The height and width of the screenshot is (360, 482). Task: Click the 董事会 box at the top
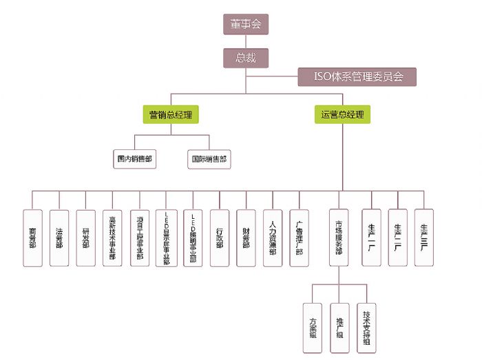245,24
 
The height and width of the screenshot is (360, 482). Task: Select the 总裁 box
245,58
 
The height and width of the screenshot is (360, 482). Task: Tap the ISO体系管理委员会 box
357,76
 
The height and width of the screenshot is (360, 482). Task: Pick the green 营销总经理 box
171,114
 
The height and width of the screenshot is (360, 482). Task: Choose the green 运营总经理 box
342,114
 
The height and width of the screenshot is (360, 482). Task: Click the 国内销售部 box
134,159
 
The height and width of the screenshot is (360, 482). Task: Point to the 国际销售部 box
209,159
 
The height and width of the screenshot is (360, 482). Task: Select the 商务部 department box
32,237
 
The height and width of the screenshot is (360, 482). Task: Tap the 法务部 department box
59,237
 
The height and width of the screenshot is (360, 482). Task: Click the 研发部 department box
85,237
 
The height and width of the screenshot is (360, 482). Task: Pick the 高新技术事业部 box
112,237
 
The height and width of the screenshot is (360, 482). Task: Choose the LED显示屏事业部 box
165,237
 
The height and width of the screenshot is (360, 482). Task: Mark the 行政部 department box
219,237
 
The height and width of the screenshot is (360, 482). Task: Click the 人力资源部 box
273,237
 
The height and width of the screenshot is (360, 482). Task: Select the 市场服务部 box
338,237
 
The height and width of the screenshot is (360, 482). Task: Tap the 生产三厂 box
424,237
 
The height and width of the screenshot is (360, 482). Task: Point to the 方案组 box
313,323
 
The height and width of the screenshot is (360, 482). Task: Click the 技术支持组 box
366,323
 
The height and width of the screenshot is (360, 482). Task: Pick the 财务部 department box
246,237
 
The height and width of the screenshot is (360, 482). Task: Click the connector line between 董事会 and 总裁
245,41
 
